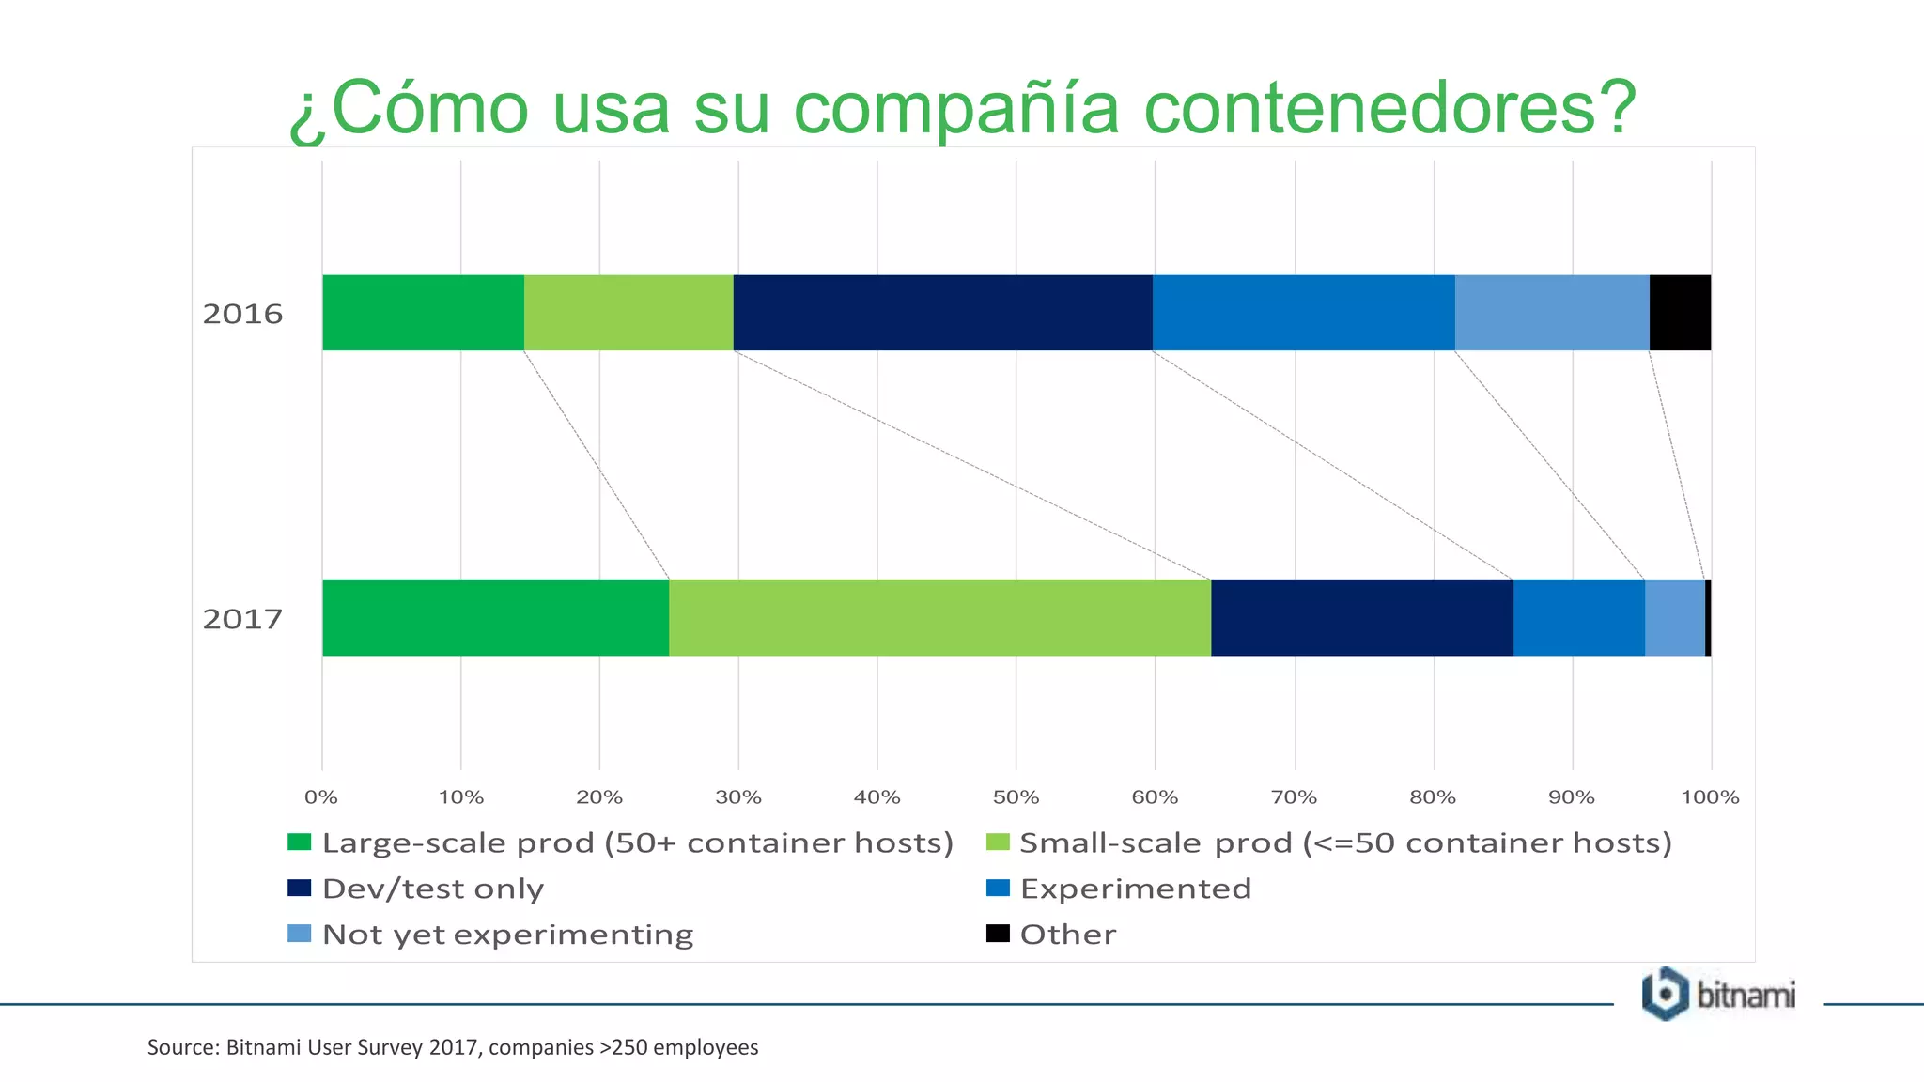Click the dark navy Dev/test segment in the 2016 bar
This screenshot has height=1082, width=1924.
click(x=942, y=313)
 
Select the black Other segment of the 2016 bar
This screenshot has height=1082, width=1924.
click(x=1680, y=313)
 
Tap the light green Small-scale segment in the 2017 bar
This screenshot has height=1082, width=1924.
click(x=939, y=617)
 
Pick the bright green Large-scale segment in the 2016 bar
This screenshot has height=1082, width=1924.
click(x=423, y=313)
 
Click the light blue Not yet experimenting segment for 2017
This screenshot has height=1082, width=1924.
click(x=1675, y=617)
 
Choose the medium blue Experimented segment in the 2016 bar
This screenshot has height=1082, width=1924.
click(x=1303, y=313)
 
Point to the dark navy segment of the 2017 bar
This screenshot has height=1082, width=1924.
click(x=1362, y=617)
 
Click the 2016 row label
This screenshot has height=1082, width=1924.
click(x=242, y=314)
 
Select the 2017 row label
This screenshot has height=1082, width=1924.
click(x=242, y=619)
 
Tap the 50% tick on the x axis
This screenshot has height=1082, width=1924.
click(x=1016, y=797)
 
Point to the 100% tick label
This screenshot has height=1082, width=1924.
click(x=1710, y=797)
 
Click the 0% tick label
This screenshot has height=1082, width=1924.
click(x=321, y=797)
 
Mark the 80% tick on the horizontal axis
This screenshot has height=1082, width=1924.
click(x=1433, y=797)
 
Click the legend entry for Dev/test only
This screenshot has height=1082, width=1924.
click(x=432, y=889)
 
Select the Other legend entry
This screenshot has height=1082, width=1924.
click(x=1068, y=935)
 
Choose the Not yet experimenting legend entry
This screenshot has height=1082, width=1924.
click(x=507, y=935)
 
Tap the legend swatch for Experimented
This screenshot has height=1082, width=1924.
click(x=998, y=888)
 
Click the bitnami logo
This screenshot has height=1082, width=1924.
click(x=1718, y=994)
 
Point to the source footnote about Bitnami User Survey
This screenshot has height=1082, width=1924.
click(x=453, y=1047)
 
